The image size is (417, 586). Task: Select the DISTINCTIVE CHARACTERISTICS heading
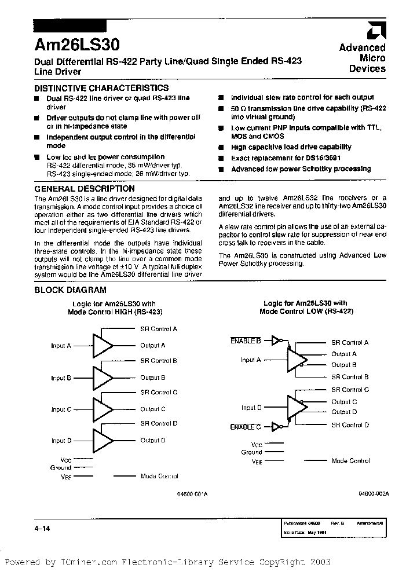pos(101,88)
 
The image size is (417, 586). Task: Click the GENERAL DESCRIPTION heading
pos(85,189)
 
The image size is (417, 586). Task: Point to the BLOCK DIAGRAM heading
pos(70,290)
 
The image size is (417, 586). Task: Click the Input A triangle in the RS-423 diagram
pos(104,346)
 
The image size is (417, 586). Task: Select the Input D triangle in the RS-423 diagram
pos(104,440)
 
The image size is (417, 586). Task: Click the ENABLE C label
pos(246,427)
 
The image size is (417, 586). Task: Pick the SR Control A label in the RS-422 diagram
pos(350,343)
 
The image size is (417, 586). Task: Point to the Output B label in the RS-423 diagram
pos(153,378)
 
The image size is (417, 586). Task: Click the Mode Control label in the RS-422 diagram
pos(350,461)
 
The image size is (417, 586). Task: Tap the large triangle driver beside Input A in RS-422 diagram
pos(297,360)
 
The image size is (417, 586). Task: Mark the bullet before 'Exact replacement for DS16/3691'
pos(221,158)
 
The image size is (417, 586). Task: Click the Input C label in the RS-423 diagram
pos(61,409)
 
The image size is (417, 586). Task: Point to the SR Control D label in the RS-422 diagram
pos(350,425)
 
